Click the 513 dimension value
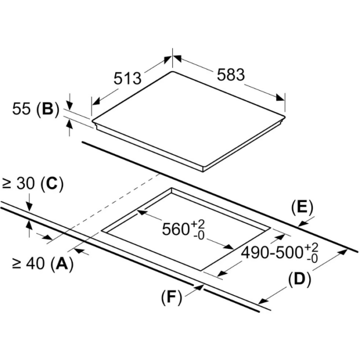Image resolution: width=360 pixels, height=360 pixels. tap(128, 78)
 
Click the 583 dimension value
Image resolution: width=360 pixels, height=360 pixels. tap(231, 75)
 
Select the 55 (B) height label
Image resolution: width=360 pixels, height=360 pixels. tap(35, 109)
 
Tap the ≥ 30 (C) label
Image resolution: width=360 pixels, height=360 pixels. tap(32, 184)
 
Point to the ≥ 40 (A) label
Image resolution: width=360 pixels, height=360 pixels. tap(43, 263)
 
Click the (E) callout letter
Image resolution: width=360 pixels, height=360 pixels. tap(302, 207)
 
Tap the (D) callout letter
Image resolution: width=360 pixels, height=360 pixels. tap(300, 279)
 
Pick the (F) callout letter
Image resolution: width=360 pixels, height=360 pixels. tap(171, 298)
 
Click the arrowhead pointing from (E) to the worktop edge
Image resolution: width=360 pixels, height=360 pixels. tap(303, 223)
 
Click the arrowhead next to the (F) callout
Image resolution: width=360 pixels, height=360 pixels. tap(199, 287)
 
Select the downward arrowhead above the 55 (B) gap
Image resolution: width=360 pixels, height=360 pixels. tap(69, 105)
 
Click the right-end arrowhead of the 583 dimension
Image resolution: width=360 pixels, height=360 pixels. tap(281, 98)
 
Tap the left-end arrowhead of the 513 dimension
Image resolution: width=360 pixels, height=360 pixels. tap(96, 101)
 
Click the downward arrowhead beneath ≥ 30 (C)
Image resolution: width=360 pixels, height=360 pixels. tap(29, 206)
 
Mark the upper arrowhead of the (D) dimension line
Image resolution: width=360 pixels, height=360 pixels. tap(343, 251)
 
